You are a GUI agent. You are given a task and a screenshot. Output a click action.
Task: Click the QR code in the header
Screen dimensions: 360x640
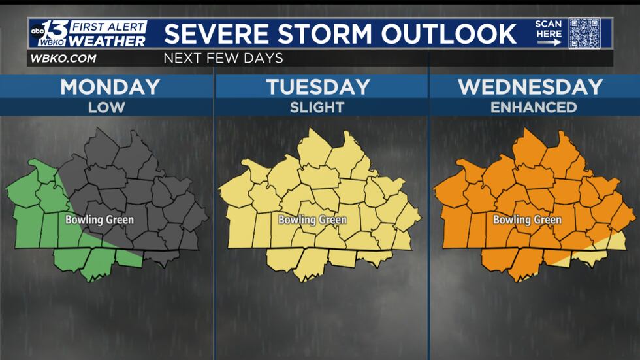(584, 33)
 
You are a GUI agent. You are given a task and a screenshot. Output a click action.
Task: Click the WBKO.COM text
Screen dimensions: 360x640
(63, 58)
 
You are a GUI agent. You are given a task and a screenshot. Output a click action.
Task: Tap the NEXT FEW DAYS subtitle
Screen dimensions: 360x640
(223, 58)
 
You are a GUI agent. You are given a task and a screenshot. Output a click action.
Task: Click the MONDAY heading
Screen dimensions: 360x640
(110, 87)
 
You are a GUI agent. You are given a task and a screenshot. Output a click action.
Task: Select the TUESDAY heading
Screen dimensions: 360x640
(318, 87)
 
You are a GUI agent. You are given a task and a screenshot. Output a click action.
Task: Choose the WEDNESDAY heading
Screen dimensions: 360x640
(530, 87)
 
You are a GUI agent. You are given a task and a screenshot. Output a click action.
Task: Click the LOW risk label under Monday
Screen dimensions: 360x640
(106, 107)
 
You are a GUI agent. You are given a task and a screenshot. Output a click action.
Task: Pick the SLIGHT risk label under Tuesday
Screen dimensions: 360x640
(317, 107)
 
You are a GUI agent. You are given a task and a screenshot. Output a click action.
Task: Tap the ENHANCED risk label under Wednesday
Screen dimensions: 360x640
(534, 107)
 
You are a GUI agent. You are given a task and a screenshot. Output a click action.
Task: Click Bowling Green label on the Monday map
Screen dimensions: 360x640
(99, 220)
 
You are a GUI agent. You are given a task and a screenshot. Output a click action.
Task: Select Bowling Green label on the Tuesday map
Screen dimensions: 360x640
(312, 220)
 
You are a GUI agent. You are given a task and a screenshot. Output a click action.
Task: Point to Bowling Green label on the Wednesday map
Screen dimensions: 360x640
(527, 220)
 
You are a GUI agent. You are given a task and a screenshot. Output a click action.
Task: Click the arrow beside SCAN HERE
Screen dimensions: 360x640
(549, 42)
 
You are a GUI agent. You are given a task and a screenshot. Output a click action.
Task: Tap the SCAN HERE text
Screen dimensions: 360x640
(549, 29)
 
